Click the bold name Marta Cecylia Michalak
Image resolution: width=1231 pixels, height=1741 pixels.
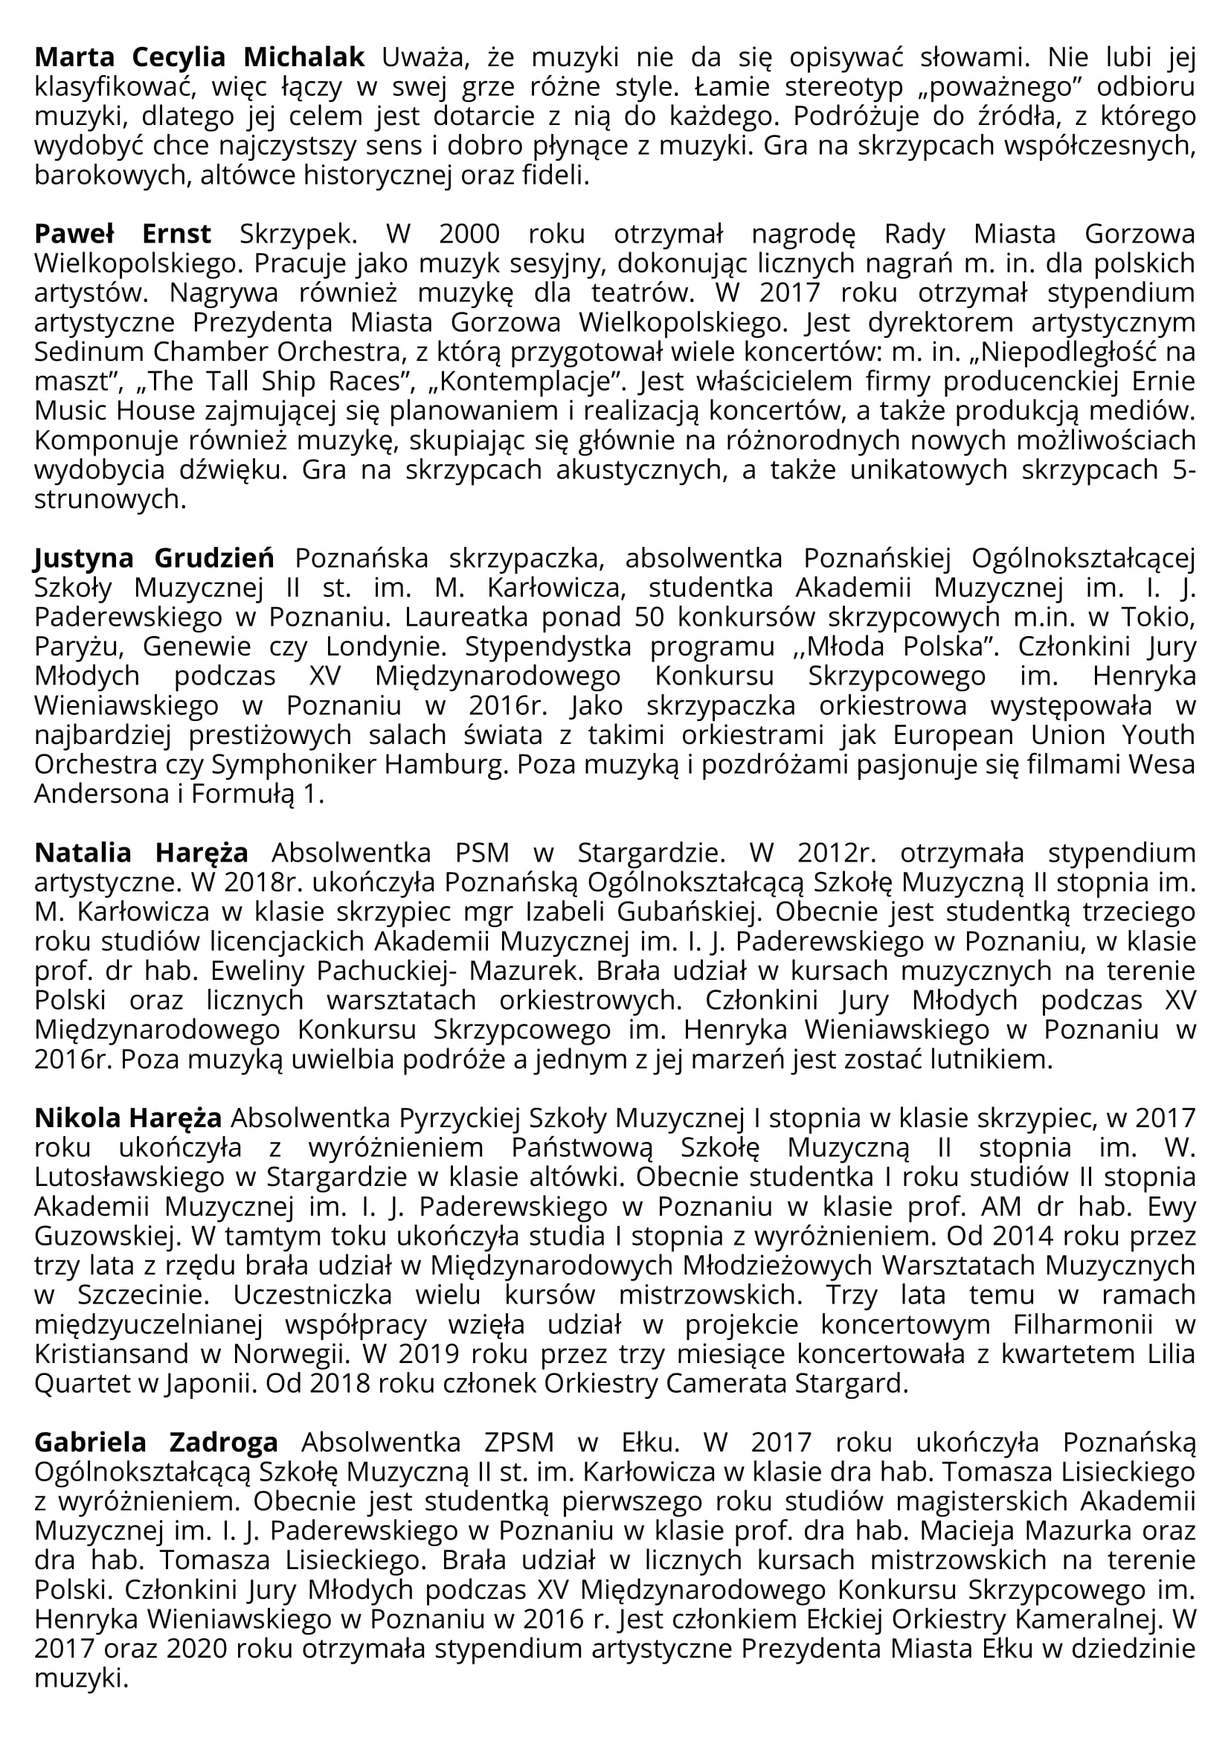(x=199, y=57)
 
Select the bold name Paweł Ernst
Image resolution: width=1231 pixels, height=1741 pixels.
(x=123, y=234)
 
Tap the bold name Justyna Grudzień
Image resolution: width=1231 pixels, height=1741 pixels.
(x=154, y=559)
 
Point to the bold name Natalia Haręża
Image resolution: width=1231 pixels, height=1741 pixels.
(x=141, y=853)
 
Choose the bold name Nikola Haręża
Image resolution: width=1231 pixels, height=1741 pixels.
(x=128, y=1118)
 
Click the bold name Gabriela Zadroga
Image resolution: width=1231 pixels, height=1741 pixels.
(x=156, y=1442)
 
